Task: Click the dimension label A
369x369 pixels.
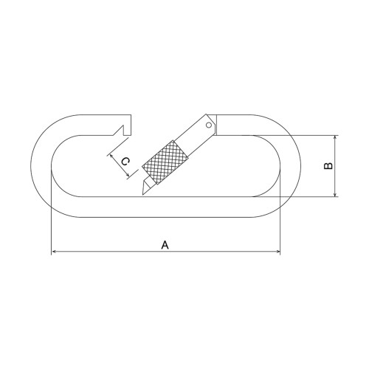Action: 165,245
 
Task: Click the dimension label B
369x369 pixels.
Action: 328,166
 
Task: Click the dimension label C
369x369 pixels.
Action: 125,162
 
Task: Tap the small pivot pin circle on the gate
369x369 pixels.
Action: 209,125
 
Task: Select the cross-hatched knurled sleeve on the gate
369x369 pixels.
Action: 165,162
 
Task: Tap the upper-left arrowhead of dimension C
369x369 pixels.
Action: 112,156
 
